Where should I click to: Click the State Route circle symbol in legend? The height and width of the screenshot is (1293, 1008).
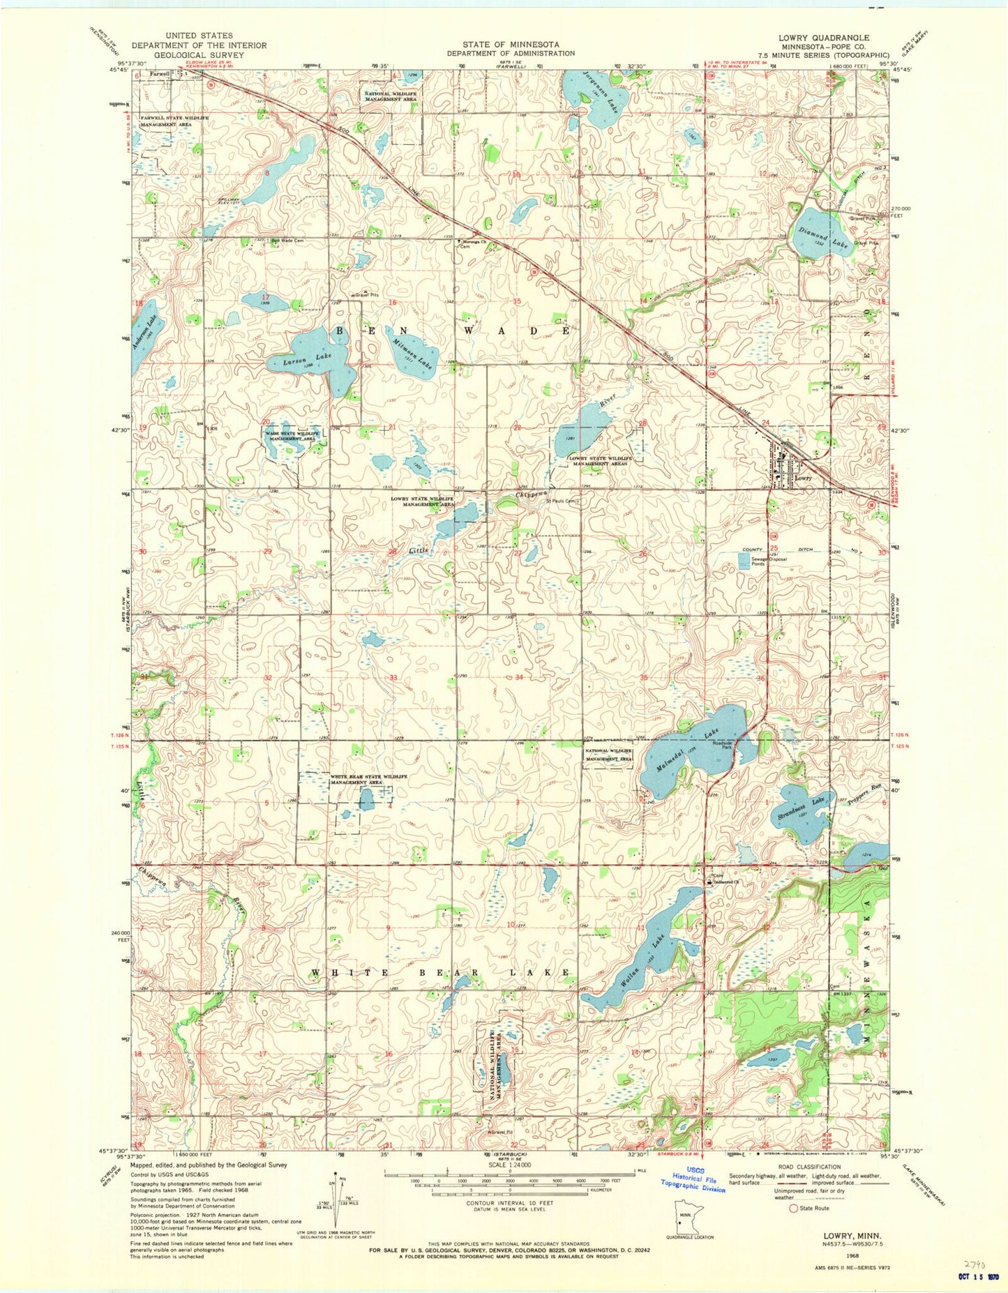[x=794, y=1208]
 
